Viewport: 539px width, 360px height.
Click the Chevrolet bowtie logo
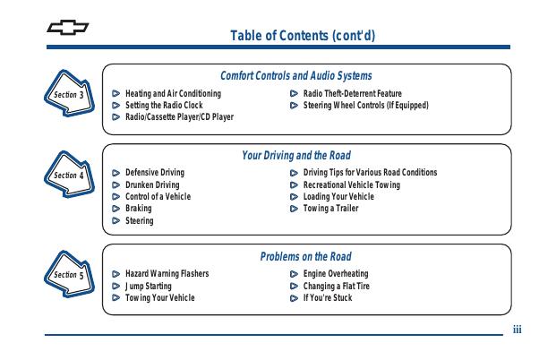point(68,28)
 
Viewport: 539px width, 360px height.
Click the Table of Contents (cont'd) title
point(303,36)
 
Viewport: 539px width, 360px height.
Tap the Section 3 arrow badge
point(69,93)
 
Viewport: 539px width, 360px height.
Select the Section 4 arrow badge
point(69,174)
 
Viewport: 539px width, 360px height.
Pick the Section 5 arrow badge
point(69,274)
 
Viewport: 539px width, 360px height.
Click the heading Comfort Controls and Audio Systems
point(296,75)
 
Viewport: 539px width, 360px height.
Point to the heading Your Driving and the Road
point(296,156)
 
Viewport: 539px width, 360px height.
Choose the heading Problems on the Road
point(305,256)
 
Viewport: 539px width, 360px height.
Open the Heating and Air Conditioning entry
point(173,93)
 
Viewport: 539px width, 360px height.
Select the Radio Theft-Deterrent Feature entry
point(353,93)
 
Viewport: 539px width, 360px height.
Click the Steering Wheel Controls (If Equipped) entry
point(365,105)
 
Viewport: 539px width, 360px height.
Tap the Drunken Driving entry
point(152,185)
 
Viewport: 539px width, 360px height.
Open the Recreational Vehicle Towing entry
point(352,185)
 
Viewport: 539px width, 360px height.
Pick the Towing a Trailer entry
point(330,209)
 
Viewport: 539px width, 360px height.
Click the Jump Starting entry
point(148,286)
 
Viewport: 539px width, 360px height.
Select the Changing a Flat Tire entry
point(336,286)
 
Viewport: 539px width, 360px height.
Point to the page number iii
point(517,330)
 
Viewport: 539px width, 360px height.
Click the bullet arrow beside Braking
point(116,209)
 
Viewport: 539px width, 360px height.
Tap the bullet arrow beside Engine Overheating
point(294,274)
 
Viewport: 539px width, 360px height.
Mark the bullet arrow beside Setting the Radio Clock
point(116,105)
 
